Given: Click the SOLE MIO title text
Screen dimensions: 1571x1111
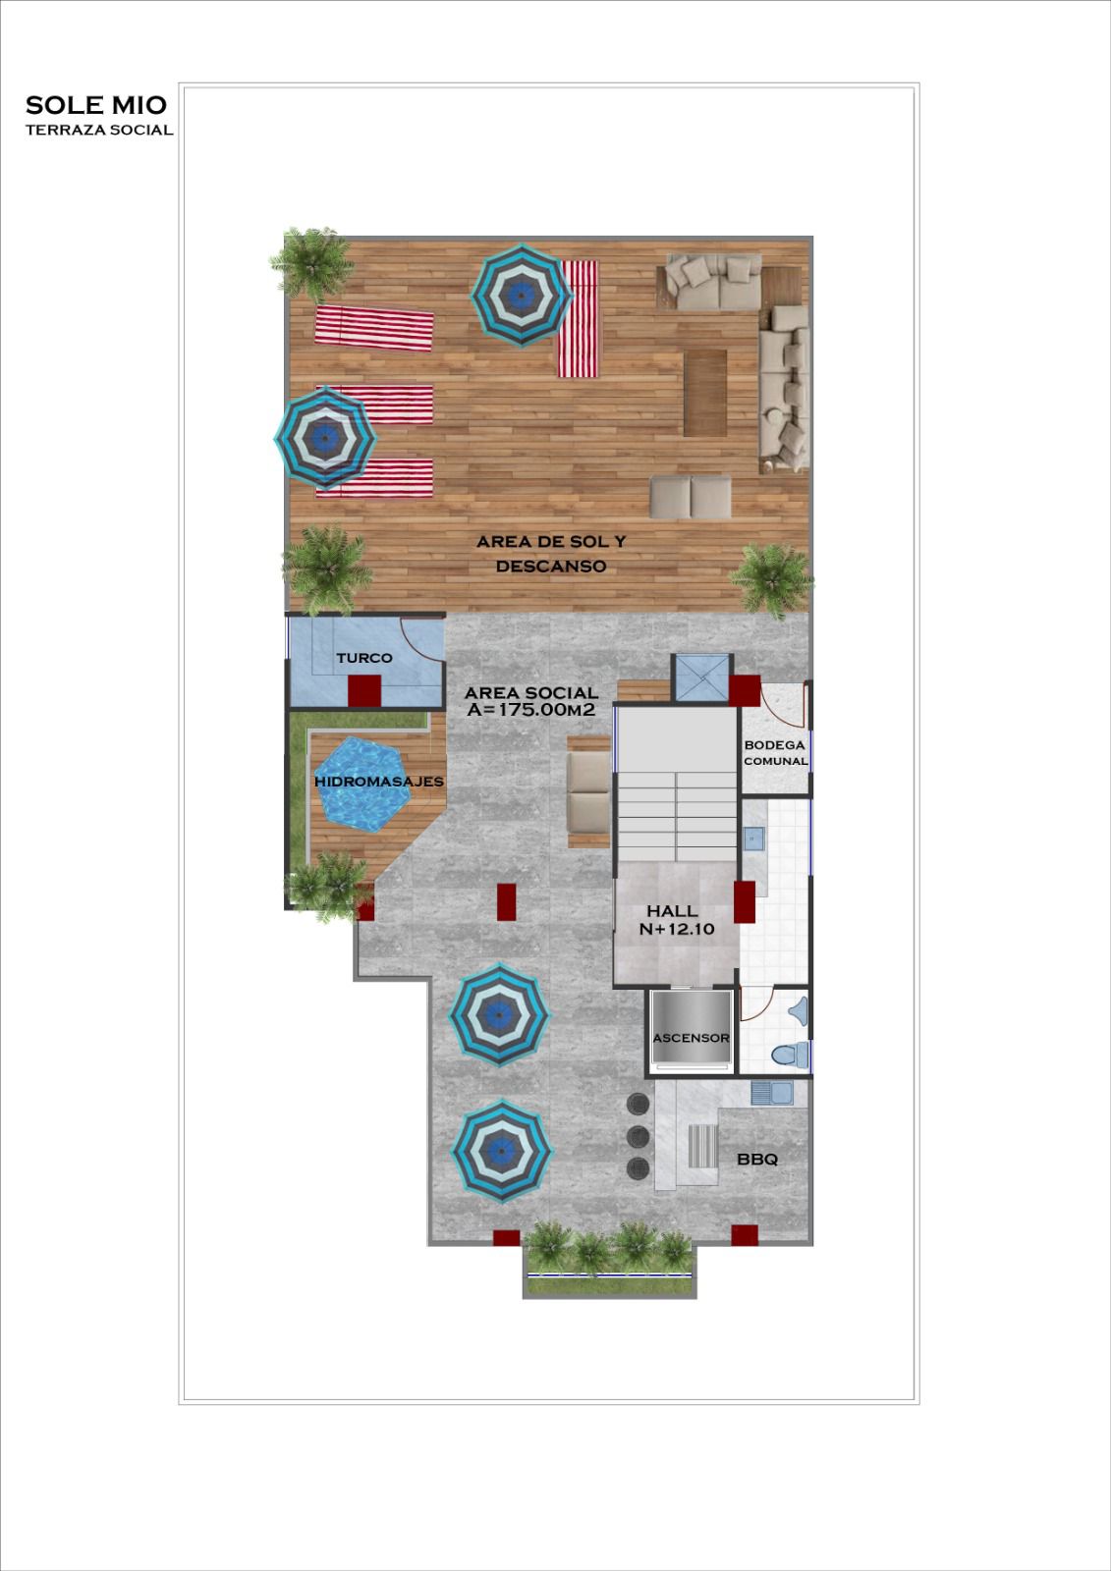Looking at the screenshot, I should pyautogui.click(x=96, y=105).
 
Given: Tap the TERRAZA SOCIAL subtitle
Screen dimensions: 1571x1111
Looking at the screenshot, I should pyautogui.click(x=98, y=130).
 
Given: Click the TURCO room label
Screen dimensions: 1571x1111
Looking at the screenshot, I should pyautogui.click(x=364, y=658).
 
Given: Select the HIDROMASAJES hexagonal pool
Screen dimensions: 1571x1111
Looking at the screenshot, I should pyautogui.click(x=362, y=783).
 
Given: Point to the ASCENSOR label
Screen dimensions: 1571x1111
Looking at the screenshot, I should pyautogui.click(x=691, y=1038).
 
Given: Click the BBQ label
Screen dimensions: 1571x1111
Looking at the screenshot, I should pyautogui.click(x=757, y=1160).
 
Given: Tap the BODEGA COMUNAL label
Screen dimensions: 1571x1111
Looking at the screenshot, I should pyautogui.click(x=775, y=753).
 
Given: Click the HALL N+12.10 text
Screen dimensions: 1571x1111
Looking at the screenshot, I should pyautogui.click(x=676, y=919).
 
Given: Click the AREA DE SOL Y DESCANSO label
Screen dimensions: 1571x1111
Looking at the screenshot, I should pyautogui.click(x=550, y=554).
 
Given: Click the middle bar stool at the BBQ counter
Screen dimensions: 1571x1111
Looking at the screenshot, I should pyautogui.click(x=638, y=1135).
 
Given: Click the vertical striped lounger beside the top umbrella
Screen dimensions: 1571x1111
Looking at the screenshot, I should pyautogui.click(x=578, y=319).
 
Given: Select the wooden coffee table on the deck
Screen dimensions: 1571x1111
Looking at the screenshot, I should pyautogui.click(x=705, y=393).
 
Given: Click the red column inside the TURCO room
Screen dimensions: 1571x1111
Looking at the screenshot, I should pyautogui.click(x=364, y=689).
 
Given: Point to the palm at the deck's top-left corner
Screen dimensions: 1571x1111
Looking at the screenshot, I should pyautogui.click(x=312, y=263).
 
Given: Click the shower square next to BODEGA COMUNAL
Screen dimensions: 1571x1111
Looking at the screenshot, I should pyautogui.click(x=700, y=677).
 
